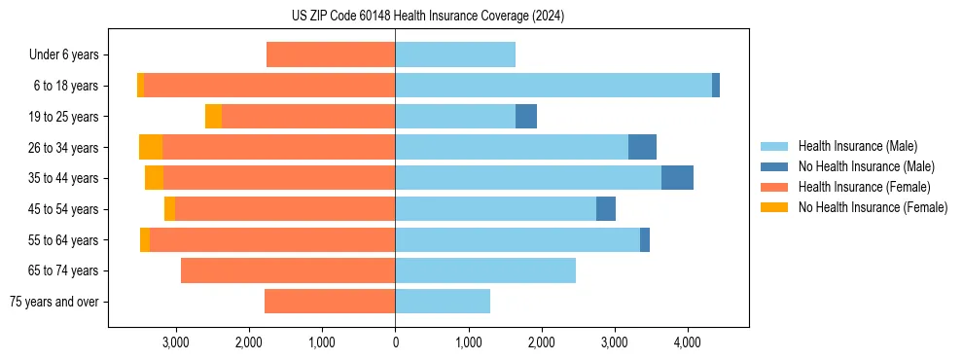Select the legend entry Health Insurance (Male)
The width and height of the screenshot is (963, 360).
click(857, 146)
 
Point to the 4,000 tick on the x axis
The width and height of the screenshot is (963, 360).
click(688, 342)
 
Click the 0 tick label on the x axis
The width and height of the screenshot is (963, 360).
click(395, 342)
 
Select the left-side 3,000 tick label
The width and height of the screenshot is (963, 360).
click(176, 342)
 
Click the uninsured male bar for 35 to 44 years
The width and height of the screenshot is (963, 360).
click(677, 178)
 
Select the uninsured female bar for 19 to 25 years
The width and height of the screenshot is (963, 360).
click(213, 117)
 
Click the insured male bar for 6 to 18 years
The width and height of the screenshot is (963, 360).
click(553, 86)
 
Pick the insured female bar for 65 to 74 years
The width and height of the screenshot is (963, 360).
click(288, 270)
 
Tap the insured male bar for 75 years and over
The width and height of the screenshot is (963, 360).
click(443, 302)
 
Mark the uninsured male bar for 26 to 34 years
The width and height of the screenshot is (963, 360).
click(642, 147)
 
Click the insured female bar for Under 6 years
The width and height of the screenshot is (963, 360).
click(331, 55)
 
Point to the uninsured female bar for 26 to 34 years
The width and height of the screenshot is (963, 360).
click(151, 147)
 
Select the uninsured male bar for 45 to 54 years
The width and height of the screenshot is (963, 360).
click(606, 209)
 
